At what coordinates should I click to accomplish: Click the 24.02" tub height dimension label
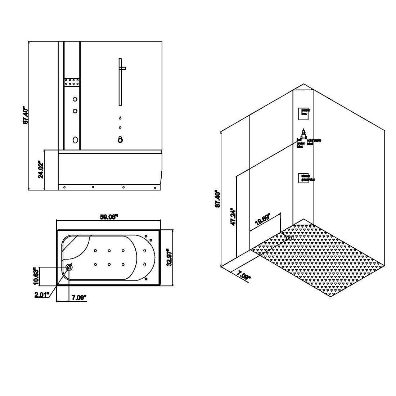coord(41,170)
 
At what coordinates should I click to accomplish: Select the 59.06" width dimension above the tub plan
coord(109,217)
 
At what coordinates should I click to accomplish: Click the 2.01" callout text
coord(42,296)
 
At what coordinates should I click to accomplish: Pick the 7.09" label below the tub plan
coord(79,298)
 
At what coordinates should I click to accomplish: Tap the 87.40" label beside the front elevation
coord(26,115)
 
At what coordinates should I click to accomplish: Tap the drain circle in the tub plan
coord(69,267)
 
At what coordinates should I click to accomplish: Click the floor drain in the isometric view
coord(290,238)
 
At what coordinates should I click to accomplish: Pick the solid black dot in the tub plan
coord(145,279)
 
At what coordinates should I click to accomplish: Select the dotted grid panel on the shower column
coord(72,81)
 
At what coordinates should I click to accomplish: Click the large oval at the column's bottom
coord(75,140)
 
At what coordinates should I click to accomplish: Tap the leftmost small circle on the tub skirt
coord(64,187)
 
